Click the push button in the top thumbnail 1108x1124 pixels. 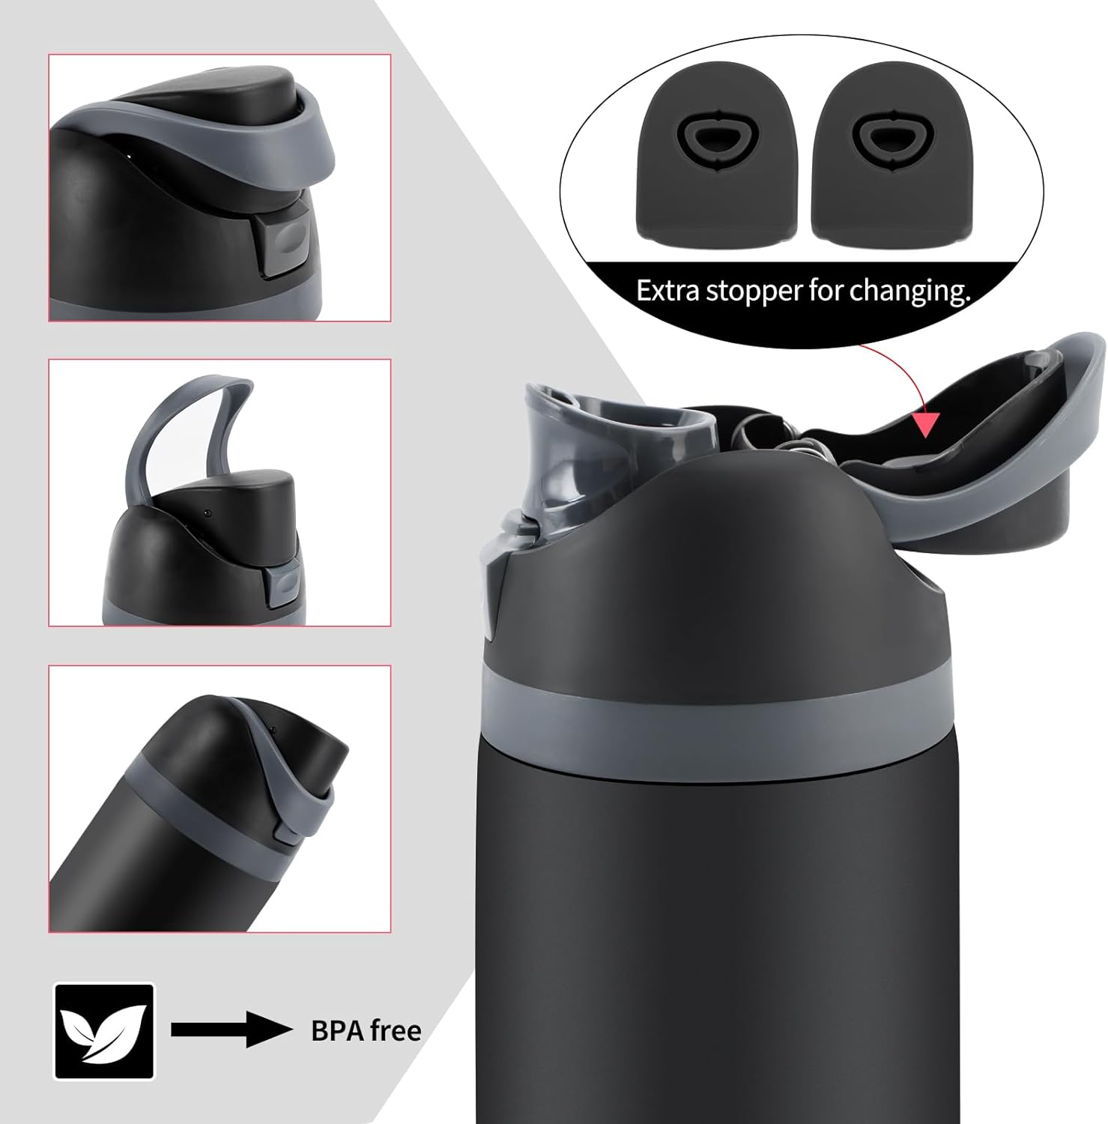[282, 241]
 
